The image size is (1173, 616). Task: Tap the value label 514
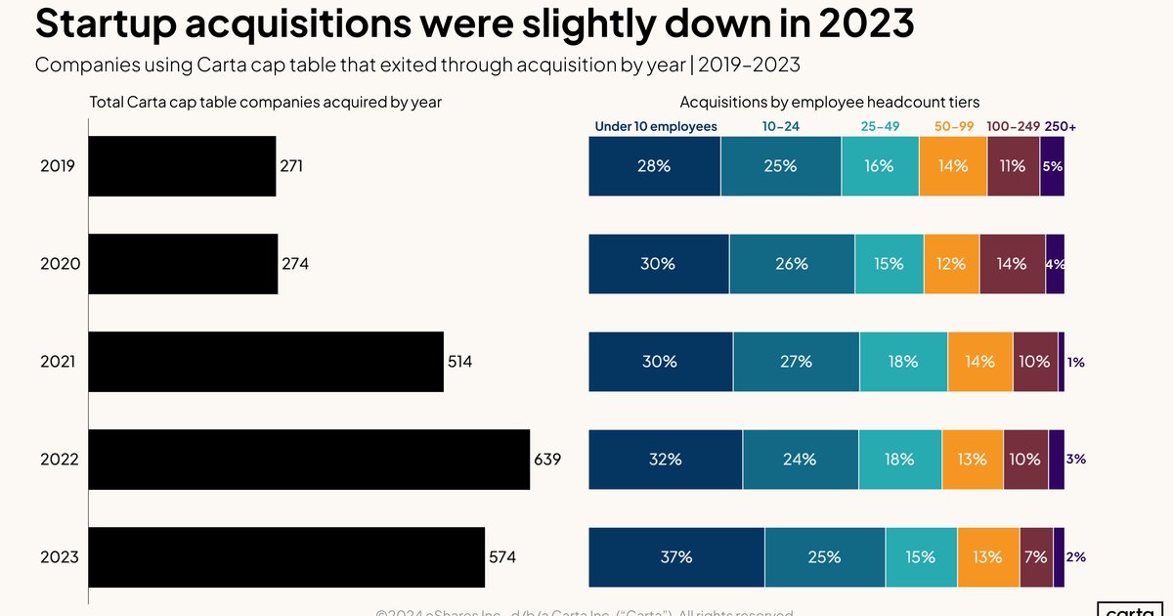tap(459, 362)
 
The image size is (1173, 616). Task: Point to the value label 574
tap(501, 557)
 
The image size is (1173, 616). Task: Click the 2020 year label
tap(60, 264)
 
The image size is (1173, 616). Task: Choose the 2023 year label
tap(60, 557)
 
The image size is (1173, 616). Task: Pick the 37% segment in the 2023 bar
tap(676, 557)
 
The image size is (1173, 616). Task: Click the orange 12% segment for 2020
tap(950, 264)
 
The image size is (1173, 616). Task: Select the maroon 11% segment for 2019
tap(1013, 166)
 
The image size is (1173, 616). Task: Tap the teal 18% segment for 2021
tap(903, 362)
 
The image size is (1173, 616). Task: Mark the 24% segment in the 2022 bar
tap(800, 459)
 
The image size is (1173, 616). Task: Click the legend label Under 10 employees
tap(656, 127)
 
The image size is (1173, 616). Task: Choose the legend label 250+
tap(1060, 127)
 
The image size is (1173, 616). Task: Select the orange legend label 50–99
tap(954, 127)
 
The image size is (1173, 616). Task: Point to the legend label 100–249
tap(1013, 127)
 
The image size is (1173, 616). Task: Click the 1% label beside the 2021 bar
tap(1075, 362)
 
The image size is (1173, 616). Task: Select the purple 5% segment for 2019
tap(1052, 166)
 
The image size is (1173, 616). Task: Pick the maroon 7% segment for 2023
tap(1036, 557)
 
